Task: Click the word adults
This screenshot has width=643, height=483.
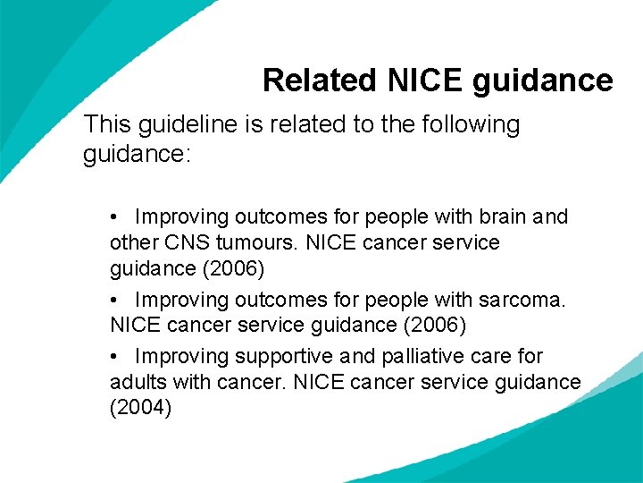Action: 135,382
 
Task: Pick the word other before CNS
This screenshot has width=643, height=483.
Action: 132,242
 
